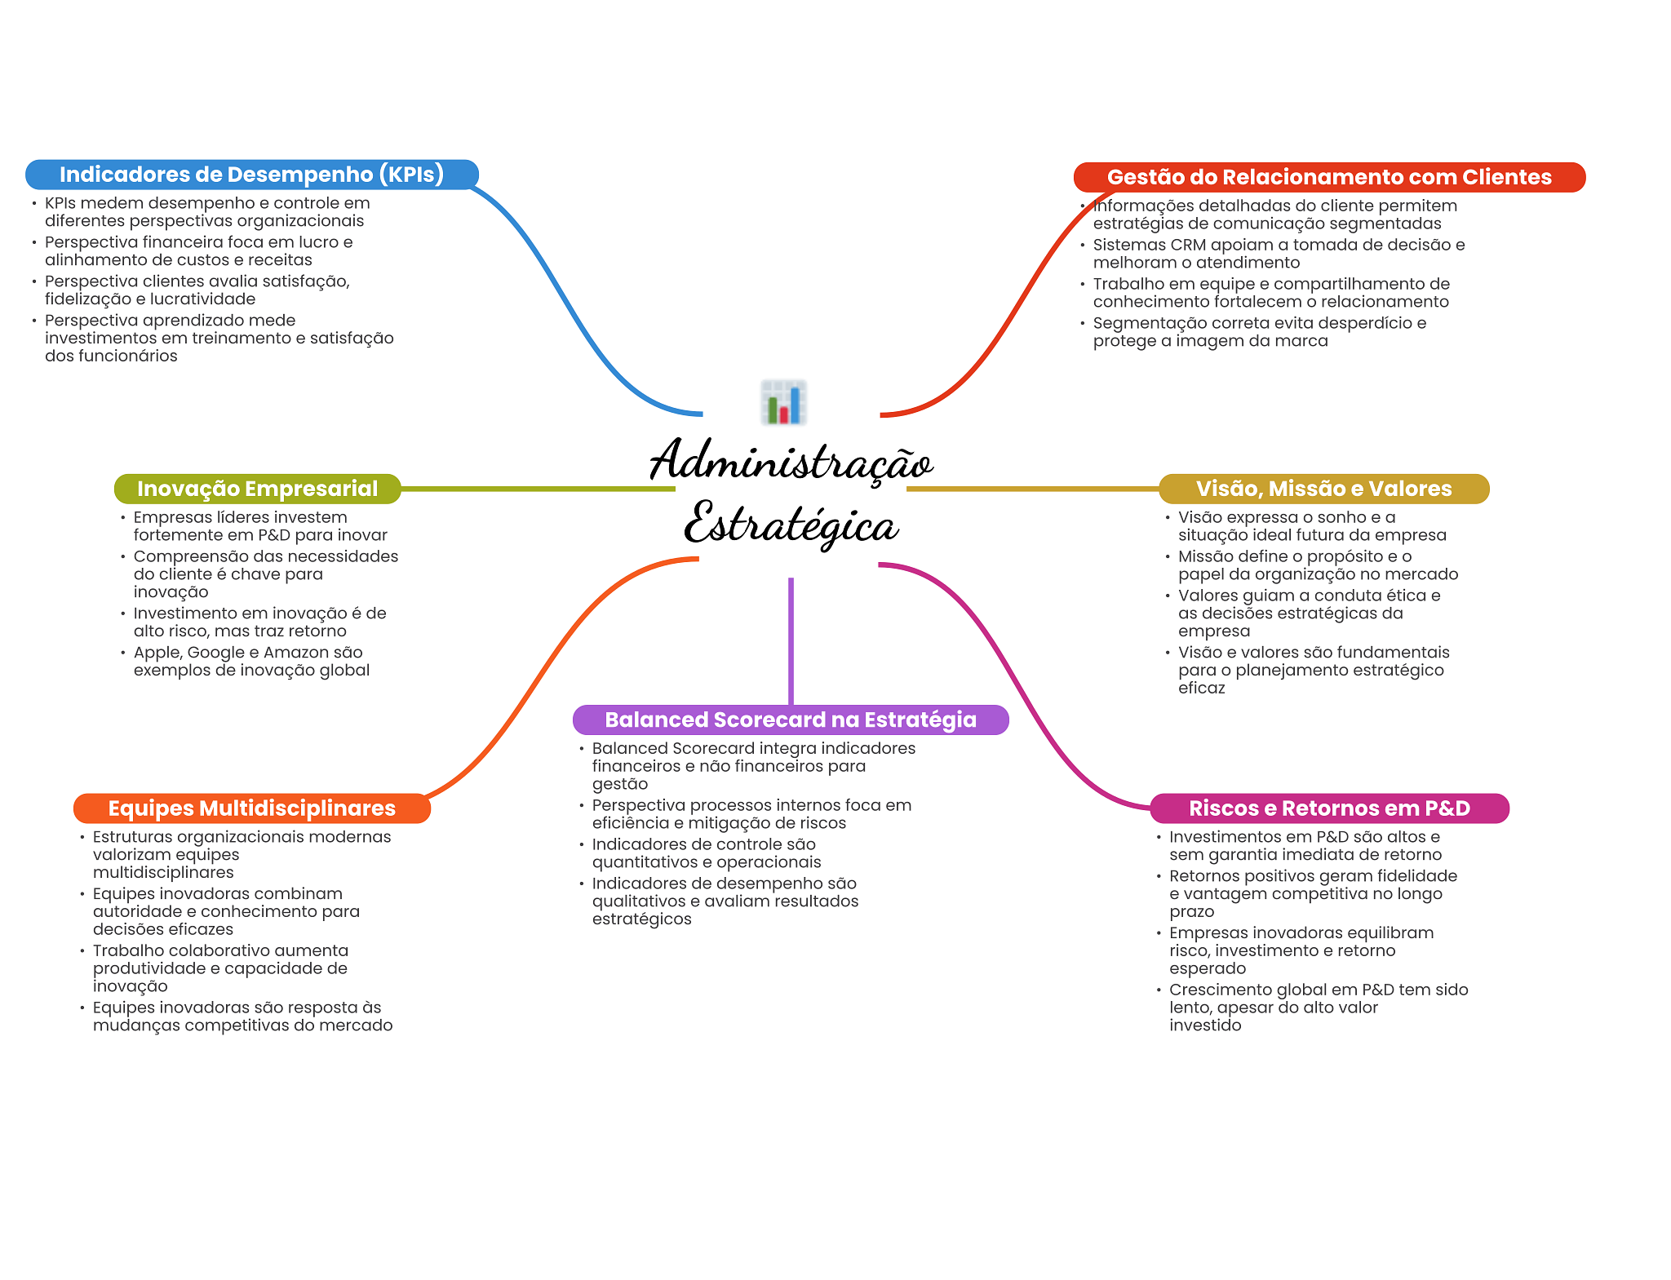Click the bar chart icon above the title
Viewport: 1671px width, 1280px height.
tap(783, 402)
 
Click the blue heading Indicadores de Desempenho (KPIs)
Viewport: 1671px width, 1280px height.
tap(251, 175)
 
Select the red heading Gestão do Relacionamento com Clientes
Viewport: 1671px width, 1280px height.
tap(1328, 177)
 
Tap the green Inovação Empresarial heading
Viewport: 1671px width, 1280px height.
tap(257, 489)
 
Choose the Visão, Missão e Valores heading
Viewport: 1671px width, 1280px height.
tap(1323, 489)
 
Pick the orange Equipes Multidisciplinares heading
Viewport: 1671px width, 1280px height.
tap(251, 808)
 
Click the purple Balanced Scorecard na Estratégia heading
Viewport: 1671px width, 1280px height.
tap(790, 720)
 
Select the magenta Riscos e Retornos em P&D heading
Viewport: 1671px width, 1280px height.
tap(1329, 808)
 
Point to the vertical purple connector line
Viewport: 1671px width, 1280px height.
tap(791, 640)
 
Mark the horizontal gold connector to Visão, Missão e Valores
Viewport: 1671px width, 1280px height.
tap(1032, 489)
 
